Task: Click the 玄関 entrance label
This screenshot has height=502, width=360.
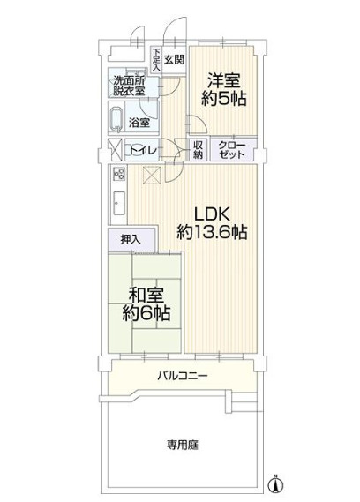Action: [174, 60]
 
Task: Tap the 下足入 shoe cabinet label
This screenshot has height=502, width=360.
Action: [156, 60]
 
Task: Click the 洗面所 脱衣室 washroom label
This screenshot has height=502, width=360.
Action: [134, 86]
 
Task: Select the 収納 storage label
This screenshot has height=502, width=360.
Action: [199, 150]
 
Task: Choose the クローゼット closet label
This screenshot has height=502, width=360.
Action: [232, 150]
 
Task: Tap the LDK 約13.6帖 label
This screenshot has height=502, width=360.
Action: [212, 223]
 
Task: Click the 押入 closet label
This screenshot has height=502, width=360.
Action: [131, 239]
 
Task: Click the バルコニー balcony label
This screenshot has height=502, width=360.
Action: [183, 377]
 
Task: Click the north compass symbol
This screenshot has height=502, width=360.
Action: [275, 483]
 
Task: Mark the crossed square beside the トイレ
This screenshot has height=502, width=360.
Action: [114, 149]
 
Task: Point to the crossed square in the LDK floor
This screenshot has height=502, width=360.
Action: [152, 176]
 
